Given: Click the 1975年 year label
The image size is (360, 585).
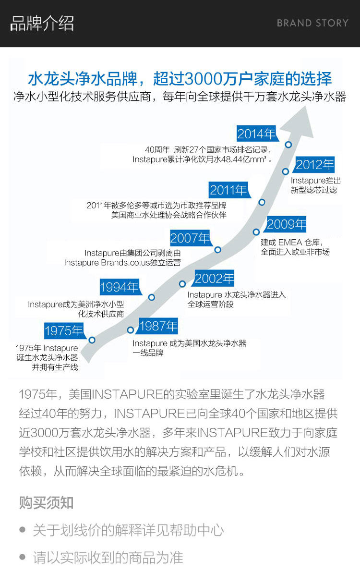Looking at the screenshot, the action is (x=64, y=331).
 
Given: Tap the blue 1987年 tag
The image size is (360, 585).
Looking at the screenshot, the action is (x=158, y=326).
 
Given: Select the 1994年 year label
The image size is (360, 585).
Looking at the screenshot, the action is (x=120, y=287).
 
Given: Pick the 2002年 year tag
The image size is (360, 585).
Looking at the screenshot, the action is (x=214, y=278).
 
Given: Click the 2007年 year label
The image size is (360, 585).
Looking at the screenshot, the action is (x=190, y=238).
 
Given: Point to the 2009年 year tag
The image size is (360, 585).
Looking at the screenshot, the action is (x=286, y=224).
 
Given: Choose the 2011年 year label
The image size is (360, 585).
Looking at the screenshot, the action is (x=228, y=190).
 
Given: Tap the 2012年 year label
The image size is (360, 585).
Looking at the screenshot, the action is (x=314, y=165).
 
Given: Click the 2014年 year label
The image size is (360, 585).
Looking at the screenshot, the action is (x=257, y=134).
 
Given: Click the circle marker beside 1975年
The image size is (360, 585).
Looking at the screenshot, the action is (x=92, y=340).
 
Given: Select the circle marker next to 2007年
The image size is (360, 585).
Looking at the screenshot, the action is (x=218, y=250).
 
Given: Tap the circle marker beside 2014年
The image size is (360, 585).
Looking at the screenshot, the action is (x=288, y=145).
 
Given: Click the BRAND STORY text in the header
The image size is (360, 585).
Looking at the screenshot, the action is (x=312, y=23).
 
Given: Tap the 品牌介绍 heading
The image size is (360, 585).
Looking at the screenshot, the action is (x=42, y=24).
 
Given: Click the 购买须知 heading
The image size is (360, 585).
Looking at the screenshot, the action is (x=46, y=503).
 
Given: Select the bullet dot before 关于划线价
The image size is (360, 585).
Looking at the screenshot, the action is (x=22, y=530).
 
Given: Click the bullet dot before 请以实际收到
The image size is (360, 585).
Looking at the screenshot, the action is (x=22, y=557).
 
